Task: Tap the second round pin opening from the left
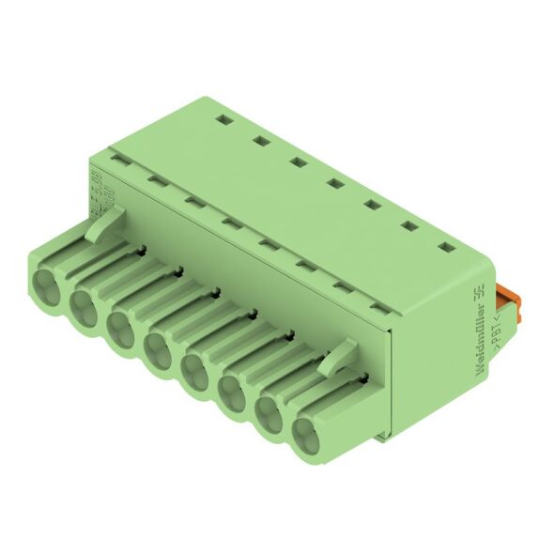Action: (85, 302)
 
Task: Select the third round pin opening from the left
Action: (121, 327)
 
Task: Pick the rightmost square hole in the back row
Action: (442, 247)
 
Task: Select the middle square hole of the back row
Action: (333, 182)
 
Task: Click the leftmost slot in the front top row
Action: (118, 160)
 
